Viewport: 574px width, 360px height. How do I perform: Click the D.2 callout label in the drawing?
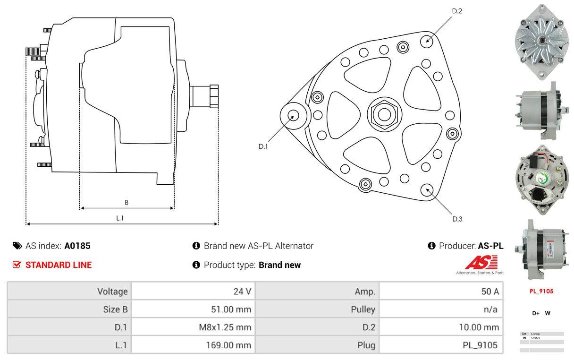[457, 10]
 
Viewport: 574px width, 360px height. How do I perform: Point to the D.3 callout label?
[457, 219]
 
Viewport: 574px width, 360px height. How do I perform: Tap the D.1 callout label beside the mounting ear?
[263, 146]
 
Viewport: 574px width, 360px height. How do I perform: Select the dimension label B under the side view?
[127, 203]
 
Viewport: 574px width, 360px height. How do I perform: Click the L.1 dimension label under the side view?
[120, 218]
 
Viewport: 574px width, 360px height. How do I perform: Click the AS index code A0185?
[77, 246]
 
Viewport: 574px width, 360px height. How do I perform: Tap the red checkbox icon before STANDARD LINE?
[17, 265]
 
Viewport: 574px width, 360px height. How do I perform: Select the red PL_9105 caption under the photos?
[541, 291]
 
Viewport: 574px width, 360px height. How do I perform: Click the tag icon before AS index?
[17, 246]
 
